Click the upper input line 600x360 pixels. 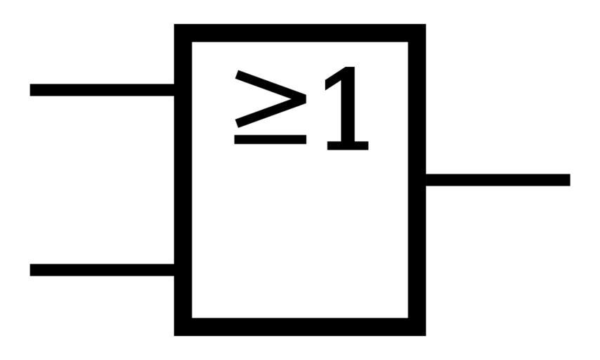click(x=102, y=90)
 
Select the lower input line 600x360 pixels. click(x=102, y=270)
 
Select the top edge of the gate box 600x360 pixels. click(x=300, y=33)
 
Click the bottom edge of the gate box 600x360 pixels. click(x=300, y=327)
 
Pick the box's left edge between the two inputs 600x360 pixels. click(x=183, y=180)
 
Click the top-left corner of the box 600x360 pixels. click(x=183, y=33)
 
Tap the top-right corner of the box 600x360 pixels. click(x=417, y=33)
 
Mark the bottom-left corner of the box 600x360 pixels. click(x=183, y=327)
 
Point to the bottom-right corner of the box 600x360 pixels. click(x=417, y=327)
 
